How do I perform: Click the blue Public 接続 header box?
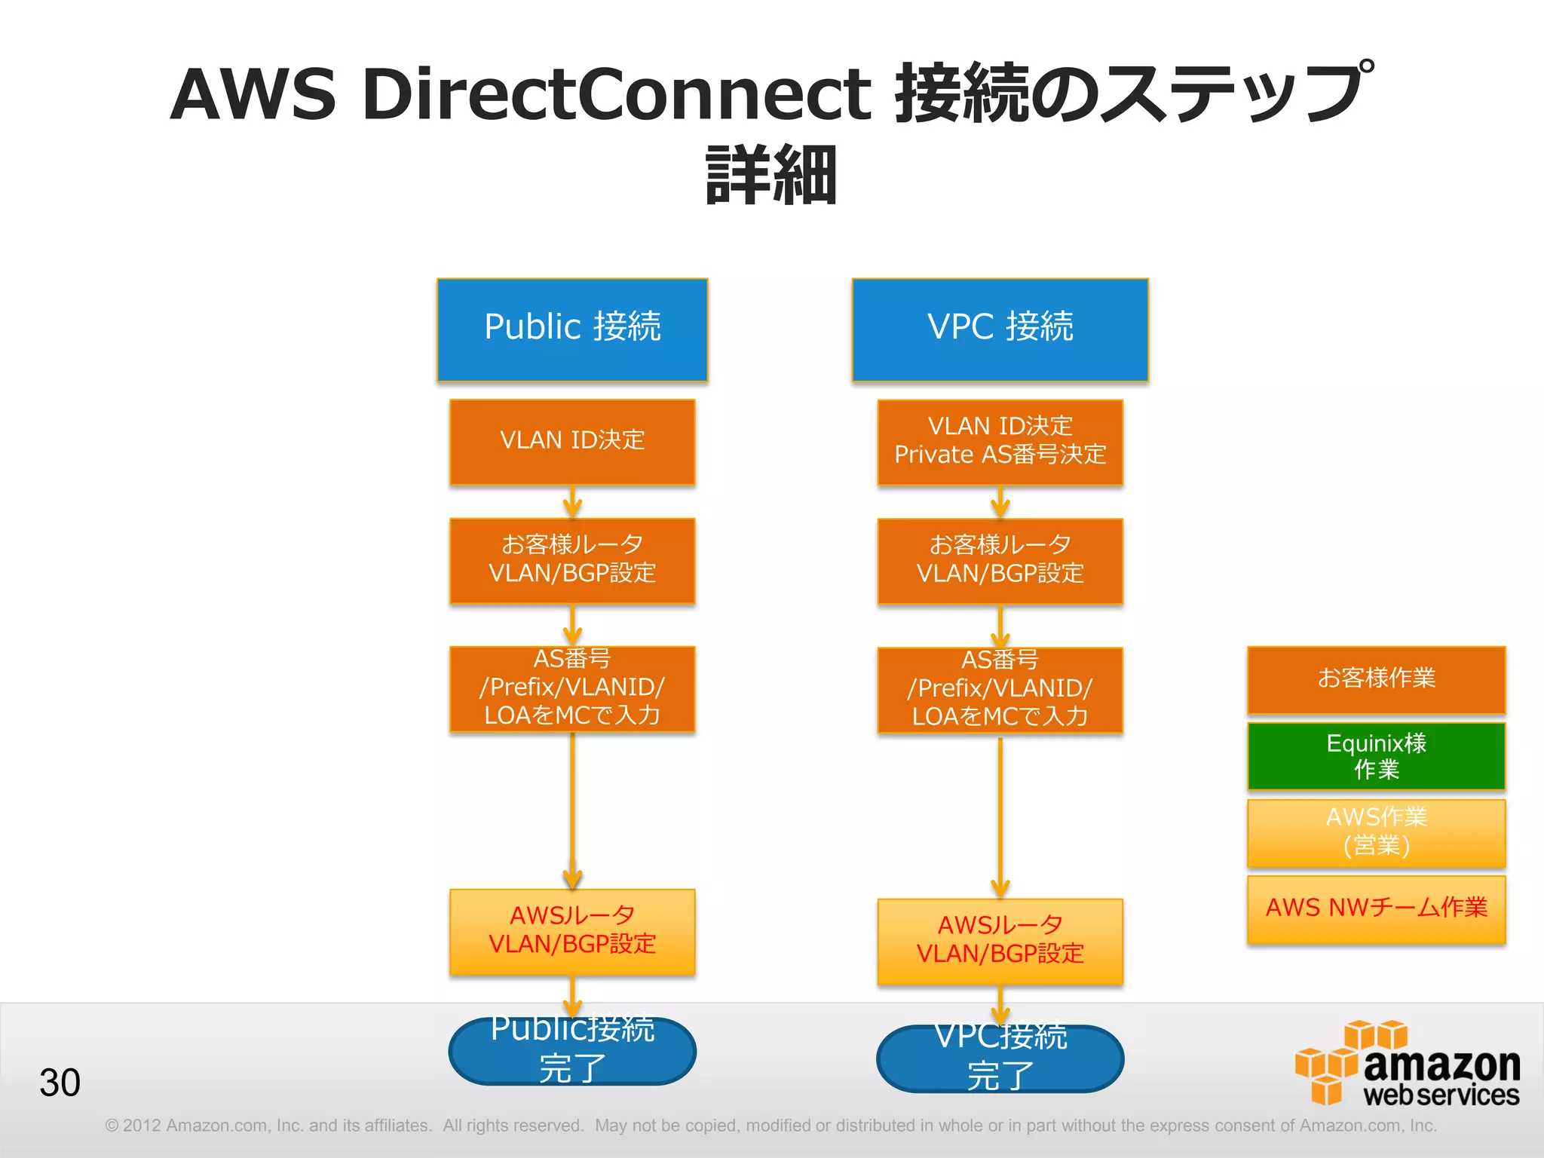tap(572, 329)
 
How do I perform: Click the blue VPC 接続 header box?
tap(1000, 329)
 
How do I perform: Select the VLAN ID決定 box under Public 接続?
tap(572, 442)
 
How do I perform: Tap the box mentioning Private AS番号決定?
tap(1000, 442)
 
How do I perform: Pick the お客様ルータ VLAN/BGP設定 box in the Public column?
tap(572, 560)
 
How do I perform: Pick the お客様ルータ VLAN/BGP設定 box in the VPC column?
tap(1000, 560)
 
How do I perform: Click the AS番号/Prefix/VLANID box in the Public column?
tap(572, 688)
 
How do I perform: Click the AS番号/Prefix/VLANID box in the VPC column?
tap(1000, 690)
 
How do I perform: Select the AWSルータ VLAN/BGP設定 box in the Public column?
tap(572, 932)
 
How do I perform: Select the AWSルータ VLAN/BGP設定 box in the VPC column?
tap(1000, 941)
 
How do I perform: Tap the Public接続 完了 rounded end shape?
tap(572, 1051)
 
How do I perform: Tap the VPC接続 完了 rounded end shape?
tap(1000, 1058)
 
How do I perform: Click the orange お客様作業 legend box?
tap(1376, 679)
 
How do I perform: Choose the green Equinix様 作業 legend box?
tap(1376, 756)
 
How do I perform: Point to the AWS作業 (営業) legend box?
tap(1376, 832)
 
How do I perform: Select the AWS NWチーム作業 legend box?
tap(1376, 908)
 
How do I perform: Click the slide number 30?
tap(60, 1083)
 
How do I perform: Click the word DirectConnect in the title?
tap(616, 93)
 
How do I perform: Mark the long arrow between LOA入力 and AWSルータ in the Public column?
tap(572, 810)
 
